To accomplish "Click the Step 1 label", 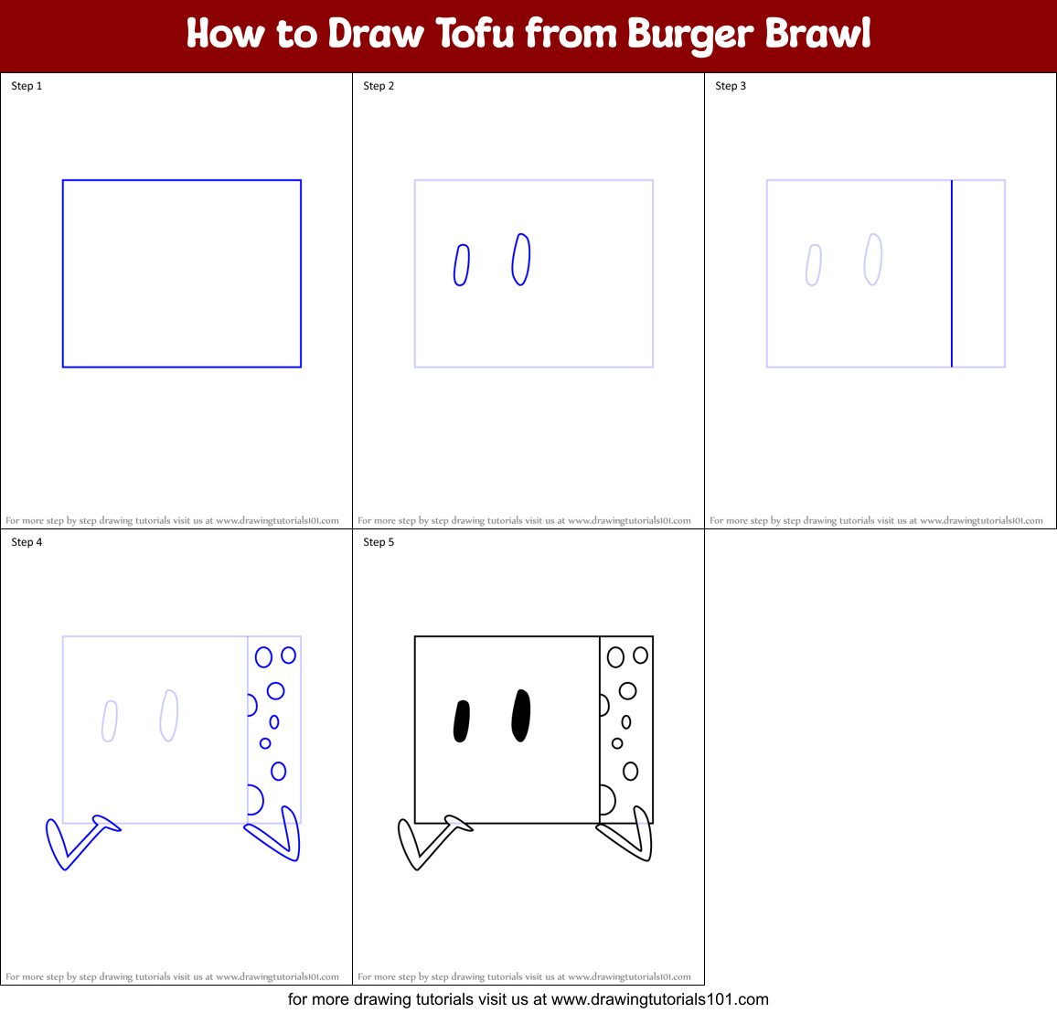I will pyautogui.click(x=27, y=86).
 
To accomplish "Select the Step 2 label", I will pyautogui.click(x=379, y=86).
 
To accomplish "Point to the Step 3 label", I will pyautogui.click(x=731, y=86).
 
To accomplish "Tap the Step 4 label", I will pyautogui.click(x=27, y=542).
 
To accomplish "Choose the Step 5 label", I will pyautogui.click(x=379, y=542).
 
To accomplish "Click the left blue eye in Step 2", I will pyautogui.click(x=462, y=265).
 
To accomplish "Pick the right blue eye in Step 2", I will pyautogui.click(x=521, y=260).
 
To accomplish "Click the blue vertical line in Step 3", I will pyautogui.click(x=952, y=274).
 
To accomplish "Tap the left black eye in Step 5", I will pyautogui.click(x=462, y=721).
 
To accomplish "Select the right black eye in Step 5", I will pyautogui.click(x=521, y=716).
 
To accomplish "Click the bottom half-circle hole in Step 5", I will pyautogui.click(x=606, y=800).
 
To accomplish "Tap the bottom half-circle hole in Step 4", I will pyautogui.click(x=254, y=800).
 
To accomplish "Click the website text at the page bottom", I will pyautogui.click(x=528, y=999).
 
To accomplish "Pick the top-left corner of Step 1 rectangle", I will pyautogui.click(x=63, y=181).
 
